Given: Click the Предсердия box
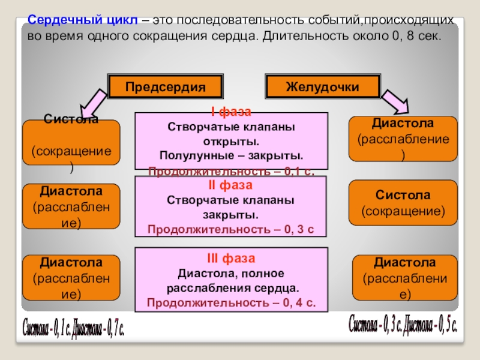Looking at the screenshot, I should [165, 86].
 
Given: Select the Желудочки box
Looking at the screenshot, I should [322, 86].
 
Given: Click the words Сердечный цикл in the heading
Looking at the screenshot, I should [83, 20].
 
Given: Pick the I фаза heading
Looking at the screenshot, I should [231, 112].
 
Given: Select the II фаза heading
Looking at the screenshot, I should [231, 185].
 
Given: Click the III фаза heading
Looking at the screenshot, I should [231, 259].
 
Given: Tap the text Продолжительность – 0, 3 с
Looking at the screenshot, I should [231, 229].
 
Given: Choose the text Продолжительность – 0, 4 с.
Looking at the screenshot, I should [231, 302].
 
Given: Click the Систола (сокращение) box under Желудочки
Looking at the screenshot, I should [403, 204].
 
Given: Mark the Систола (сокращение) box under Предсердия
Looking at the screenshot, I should [71, 143].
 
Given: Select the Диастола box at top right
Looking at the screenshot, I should [403, 139].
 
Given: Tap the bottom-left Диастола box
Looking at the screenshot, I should [71, 278].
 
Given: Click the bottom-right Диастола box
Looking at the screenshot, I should [403, 278].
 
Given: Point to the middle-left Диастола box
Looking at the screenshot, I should [71, 206].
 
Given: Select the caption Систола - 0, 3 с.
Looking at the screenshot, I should [376, 325].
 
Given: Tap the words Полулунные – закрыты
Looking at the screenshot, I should [231, 156].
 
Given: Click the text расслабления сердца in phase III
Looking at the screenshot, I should [231, 287].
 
